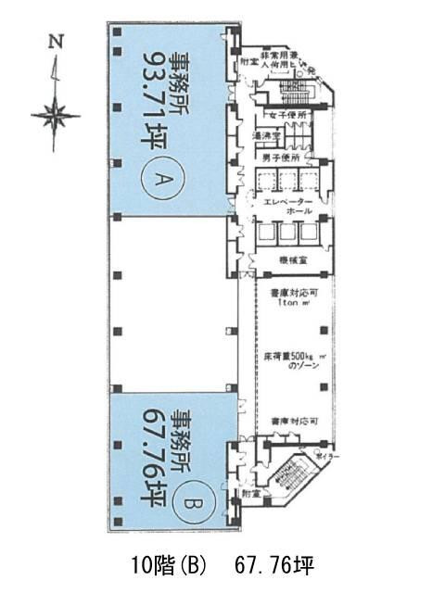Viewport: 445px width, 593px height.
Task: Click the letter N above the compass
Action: point(56,40)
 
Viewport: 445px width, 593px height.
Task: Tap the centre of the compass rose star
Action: point(55,116)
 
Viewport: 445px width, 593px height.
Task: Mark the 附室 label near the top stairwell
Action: point(249,63)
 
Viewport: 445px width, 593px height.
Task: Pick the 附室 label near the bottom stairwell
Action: point(249,494)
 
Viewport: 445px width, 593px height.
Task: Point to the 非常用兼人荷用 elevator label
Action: point(289,60)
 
